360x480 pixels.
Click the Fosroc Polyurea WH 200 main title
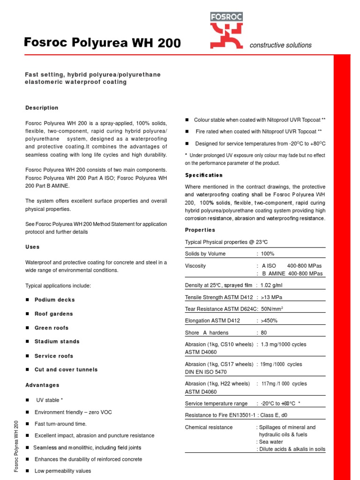point(102,43)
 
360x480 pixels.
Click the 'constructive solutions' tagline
point(280,45)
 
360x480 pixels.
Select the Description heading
point(42,108)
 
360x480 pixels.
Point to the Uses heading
point(32,247)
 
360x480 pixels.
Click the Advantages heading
point(42,385)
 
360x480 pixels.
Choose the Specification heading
point(204,175)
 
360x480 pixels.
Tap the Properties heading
point(200,230)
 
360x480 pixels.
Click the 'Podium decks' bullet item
point(54,300)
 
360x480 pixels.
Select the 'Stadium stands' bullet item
point(57,342)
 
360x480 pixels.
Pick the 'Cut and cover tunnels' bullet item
point(66,370)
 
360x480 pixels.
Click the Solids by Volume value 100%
point(268,254)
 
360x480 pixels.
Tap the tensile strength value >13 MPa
point(271,297)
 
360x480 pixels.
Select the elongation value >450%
point(270,321)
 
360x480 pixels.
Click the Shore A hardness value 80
point(264,333)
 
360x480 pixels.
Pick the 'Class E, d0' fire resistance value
point(280,415)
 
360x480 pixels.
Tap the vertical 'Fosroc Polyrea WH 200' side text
point(16,446)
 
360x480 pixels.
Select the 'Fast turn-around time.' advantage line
point(60,424)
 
